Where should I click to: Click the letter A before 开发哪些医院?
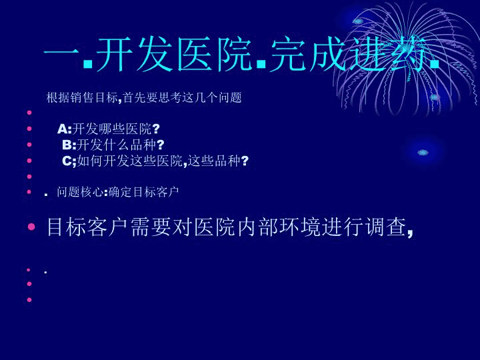62,129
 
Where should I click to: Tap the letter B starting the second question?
67,145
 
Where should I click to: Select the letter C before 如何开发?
67,161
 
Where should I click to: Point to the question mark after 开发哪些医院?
156,129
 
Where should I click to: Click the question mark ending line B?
161,145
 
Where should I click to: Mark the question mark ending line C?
245,161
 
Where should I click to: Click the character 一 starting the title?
62,55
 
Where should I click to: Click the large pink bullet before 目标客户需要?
31,227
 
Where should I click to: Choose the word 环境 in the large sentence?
301,227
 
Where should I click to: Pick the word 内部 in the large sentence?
258,227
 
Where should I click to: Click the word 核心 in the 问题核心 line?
92,192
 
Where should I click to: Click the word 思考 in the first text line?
170,97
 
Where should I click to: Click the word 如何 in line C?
90,161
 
